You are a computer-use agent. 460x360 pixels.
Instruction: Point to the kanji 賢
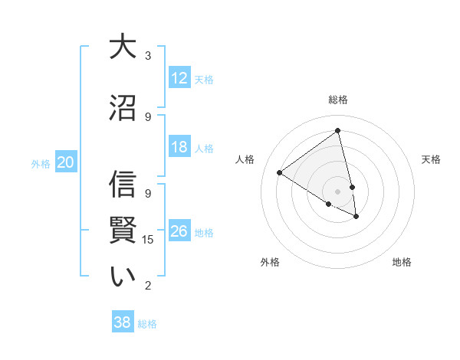point(123,230)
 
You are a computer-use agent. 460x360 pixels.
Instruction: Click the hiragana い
point(123,277)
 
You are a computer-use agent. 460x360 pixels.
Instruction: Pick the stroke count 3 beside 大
point(148,55)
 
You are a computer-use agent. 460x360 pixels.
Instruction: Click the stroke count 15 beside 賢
point(149,240)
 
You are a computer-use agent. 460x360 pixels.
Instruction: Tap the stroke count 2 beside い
point(148,286)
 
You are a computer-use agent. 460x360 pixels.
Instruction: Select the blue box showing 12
point(179,78)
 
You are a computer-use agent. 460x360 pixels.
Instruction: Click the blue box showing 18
point(179,148)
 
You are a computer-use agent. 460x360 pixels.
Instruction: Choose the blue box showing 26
point(179,231)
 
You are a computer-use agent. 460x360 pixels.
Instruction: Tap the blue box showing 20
point(66,162)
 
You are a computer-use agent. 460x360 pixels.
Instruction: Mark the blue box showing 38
point(123,323)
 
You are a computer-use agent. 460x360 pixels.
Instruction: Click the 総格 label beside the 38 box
point(147,324)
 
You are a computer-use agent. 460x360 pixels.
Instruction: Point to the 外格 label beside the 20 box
point(41,163)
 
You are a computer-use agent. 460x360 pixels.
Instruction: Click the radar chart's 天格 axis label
point(431,159)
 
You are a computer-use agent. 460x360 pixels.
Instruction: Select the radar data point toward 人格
point(280,173)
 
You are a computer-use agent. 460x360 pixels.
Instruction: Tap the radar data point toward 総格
point(337,130)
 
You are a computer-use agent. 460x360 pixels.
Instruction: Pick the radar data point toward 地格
point(356,217)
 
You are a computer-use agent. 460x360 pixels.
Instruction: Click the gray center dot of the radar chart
point(337,190)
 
